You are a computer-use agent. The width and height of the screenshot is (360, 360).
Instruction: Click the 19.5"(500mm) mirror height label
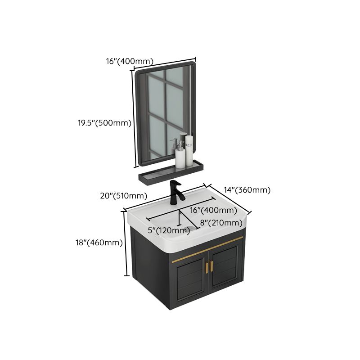(103, 123)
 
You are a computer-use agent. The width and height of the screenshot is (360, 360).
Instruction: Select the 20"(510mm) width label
(123, 195)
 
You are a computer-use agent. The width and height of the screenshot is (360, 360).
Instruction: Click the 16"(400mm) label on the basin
(213, 210)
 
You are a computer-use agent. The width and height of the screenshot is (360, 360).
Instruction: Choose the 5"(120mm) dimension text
(169, 231)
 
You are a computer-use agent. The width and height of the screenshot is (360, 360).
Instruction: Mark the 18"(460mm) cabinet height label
(99, 243)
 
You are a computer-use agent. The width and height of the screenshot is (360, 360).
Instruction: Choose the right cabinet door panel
(225, 268)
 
